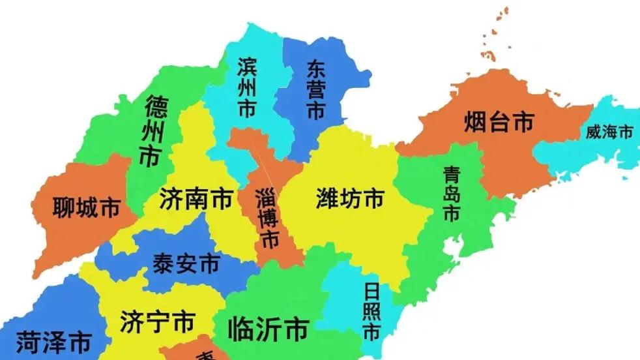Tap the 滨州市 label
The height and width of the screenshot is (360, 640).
(246, 87)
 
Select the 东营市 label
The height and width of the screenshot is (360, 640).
(315, 91)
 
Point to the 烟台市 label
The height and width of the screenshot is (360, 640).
(499, 121)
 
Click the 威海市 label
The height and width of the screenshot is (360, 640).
(609, 132)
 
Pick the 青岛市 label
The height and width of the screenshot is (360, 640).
(451, 193)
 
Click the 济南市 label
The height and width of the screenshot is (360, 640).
(196, 199)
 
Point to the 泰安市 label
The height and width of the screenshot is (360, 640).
(186, 264)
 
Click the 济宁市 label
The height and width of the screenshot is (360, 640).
(158, 322)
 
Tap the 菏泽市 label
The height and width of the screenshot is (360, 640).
(53, 341)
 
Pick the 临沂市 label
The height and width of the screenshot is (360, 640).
(268, 329)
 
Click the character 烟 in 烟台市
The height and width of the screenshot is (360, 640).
(476, 121)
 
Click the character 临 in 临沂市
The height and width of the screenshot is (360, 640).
(240, 329)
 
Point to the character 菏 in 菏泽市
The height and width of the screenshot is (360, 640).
(29, 341)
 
